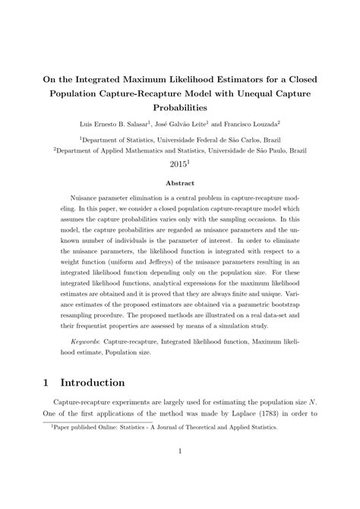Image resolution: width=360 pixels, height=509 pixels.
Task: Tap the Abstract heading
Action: pos(180,183)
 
